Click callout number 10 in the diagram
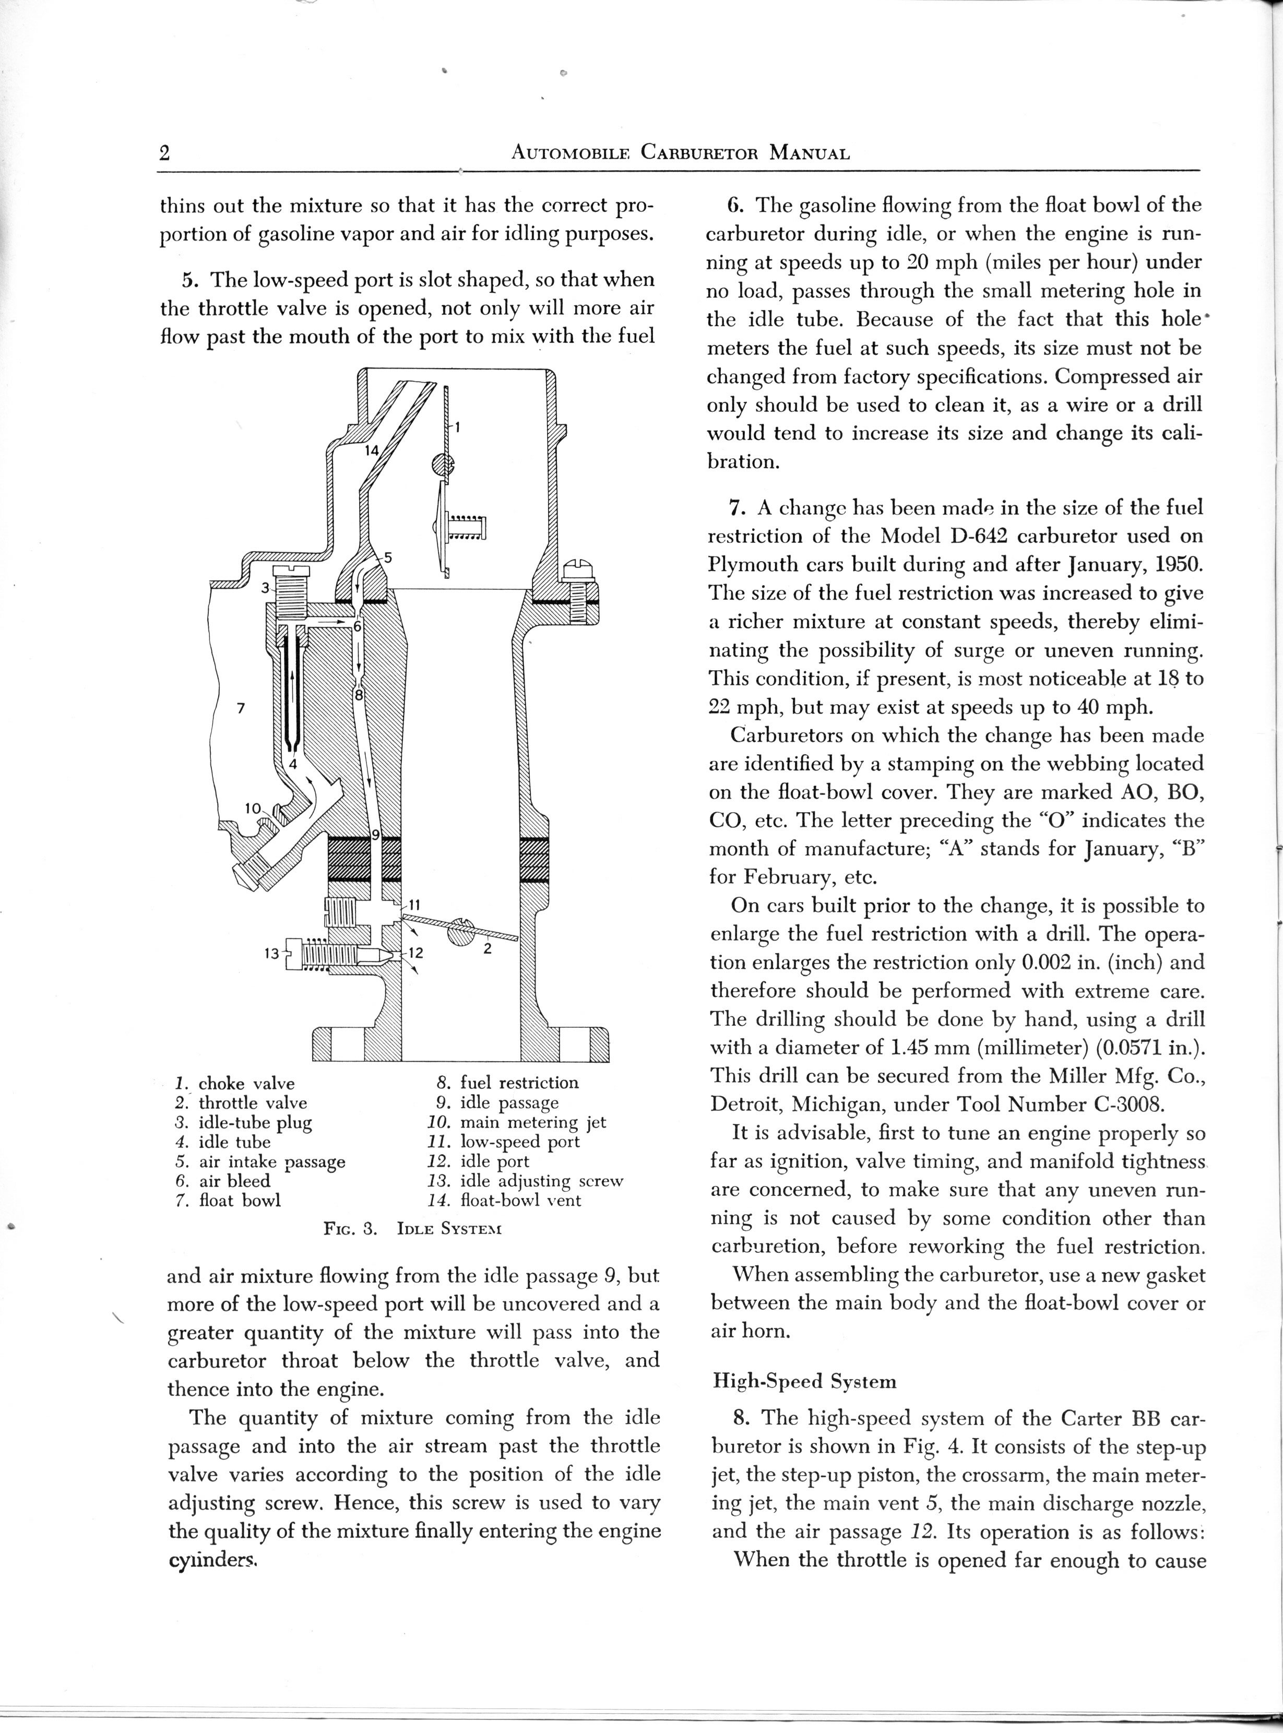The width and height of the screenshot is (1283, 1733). [x=253, y=808]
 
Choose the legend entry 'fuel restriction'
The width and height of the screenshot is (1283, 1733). [x=519, y=1083]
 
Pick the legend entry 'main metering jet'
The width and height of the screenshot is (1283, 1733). [x=533, y=1122]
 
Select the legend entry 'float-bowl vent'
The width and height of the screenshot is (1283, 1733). [x=520, y=1201]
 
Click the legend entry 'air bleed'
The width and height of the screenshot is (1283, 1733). [x=234, y=1181]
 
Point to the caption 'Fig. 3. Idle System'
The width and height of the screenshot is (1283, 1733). [x=412, y=1229]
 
